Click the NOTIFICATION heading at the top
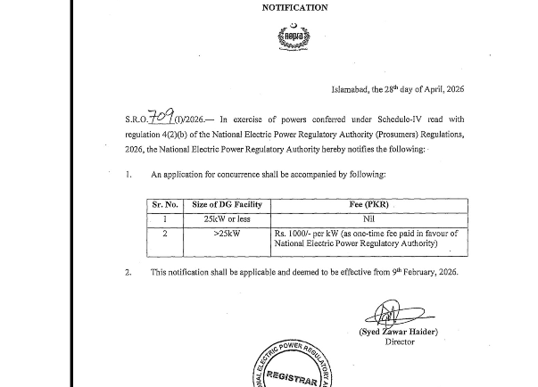(294, 8)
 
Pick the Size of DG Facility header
(228, 205)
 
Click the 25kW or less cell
(228, 218)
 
